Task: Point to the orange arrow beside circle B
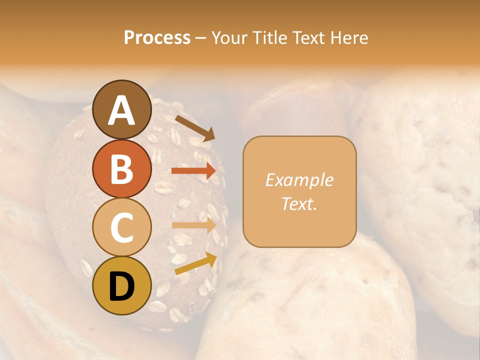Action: (193, 171)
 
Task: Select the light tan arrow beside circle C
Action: (193, 225)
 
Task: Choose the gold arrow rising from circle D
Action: (195, 263)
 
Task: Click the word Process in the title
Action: (157, 38)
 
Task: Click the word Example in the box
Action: (299, 180)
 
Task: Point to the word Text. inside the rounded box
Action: (299, 203)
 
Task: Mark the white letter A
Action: (121, 111)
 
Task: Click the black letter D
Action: (121, 286)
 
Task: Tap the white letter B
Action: (121, 169)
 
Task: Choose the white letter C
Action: (121, 227)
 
